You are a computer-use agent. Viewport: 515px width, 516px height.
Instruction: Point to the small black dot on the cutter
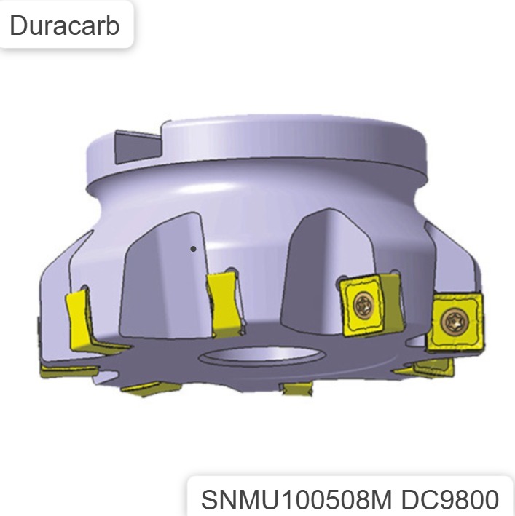click(x=193, y=249)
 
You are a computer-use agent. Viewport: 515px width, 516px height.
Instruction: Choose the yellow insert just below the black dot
click(x=224, y=302)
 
